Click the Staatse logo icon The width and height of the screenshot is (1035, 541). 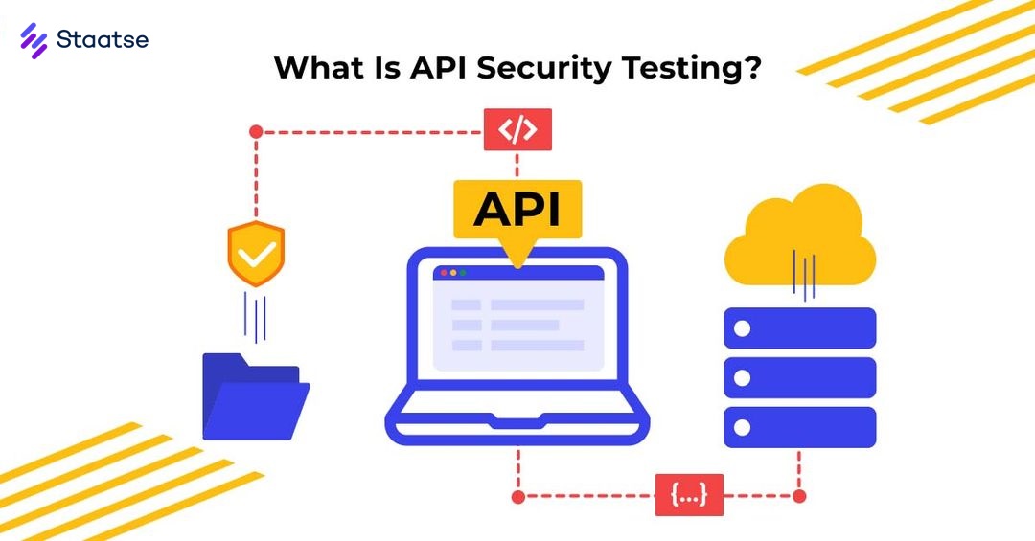34,40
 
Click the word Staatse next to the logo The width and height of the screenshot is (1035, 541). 103,40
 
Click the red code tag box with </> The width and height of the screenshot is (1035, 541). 517,130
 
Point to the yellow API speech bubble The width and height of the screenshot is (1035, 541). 517,209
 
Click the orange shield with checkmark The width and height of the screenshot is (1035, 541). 256,254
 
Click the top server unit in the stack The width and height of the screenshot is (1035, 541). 799,328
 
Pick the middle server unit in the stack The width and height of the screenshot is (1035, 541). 799,377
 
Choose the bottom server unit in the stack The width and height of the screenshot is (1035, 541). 799,427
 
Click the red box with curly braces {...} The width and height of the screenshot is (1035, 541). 689,495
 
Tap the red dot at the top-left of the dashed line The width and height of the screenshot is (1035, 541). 256,131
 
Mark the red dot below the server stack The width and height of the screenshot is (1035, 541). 799,496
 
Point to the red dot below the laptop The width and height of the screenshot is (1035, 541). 517,496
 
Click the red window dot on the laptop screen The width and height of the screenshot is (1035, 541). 443,273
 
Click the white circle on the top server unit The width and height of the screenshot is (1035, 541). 743,328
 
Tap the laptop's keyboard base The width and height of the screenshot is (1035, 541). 517,427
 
